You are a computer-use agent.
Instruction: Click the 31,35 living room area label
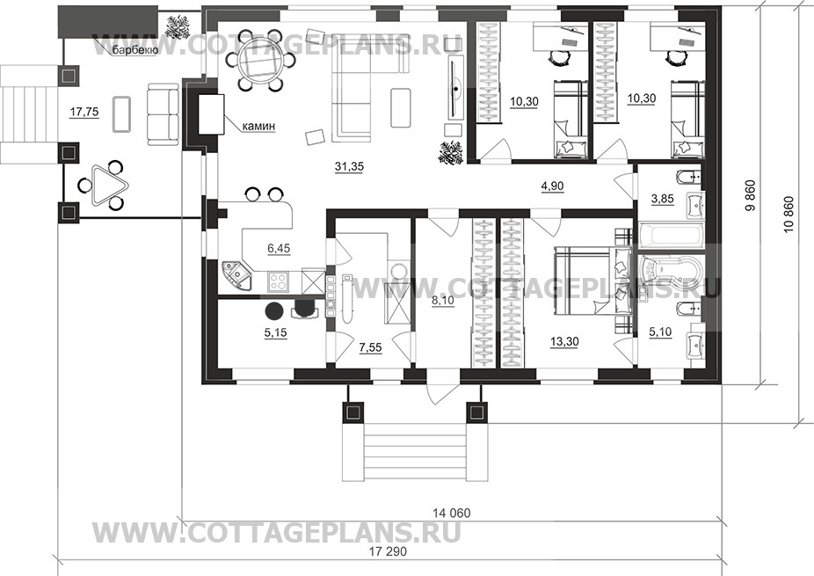(349, 167)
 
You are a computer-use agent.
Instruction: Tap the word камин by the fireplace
(258, 126)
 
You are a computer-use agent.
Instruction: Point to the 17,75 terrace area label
(84, 111)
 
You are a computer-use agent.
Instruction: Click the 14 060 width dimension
(452, 514)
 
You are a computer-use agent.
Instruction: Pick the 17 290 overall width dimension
(388, 551)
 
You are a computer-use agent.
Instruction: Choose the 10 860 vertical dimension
(789, 214)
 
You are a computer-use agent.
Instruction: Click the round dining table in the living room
(258, 61)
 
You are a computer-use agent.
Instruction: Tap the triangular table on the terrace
(104, 185)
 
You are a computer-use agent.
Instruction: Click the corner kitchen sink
(236, 274)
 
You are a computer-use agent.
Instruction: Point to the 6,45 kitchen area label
(279, 249)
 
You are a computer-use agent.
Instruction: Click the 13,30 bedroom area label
(563, 341)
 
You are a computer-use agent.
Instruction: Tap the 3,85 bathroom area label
(663, 199)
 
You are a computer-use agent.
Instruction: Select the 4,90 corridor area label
(552, 186)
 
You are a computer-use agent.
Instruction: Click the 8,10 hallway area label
(443, 300)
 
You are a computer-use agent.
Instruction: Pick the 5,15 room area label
(275, 332)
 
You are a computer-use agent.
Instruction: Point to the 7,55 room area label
(370, 347)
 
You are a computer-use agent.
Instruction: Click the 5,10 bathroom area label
(660, 331)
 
